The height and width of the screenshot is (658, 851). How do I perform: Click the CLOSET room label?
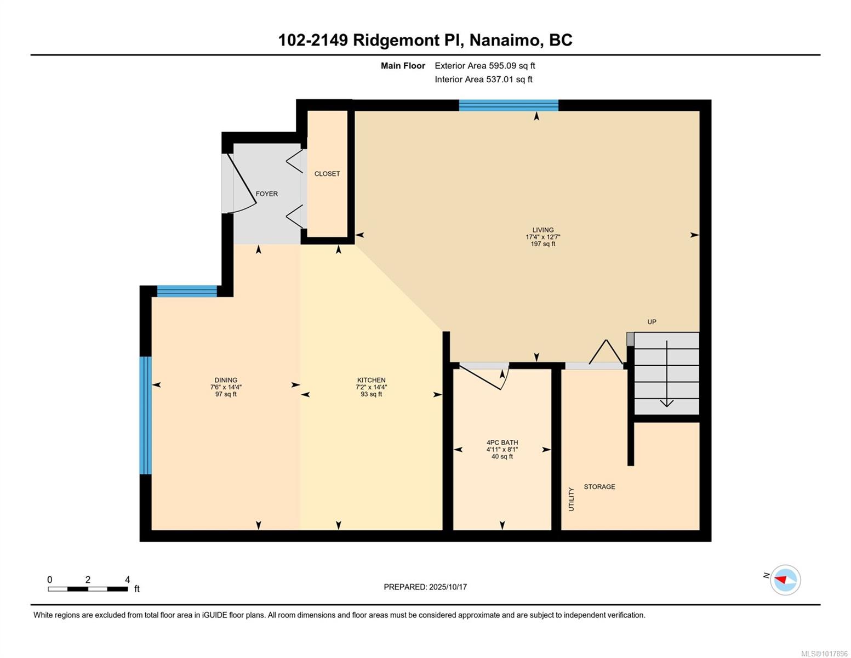coord(327,174)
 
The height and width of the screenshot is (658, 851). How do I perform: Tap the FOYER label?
coord(266,194)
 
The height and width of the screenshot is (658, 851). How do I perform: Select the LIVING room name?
coord(543,230)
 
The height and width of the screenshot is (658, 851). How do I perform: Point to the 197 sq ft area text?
coord(543,244)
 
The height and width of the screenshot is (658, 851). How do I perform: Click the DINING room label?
coord(226,380)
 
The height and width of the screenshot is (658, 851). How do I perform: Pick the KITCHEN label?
coord(372,380)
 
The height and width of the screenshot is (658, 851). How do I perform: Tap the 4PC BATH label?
coord(502,443)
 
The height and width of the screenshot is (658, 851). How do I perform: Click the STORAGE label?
coord(599,487)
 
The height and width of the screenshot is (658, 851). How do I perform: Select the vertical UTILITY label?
coord(571,500)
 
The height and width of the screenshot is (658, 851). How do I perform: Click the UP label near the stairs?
coord(652,322)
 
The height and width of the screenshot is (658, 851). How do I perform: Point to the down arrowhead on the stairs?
coord(666,403)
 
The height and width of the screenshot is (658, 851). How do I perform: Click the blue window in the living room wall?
coord(509,105)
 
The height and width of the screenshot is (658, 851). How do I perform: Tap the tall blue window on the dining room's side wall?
coord(146,416)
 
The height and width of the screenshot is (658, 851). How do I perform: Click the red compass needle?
coord(780,579)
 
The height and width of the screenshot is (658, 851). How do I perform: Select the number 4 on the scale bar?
coord(127,580)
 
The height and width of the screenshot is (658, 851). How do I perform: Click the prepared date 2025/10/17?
coord(448,587)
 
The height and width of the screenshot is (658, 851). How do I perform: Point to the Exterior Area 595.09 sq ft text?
coord(485,66)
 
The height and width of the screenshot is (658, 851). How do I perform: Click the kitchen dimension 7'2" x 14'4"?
coord(372,387)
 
